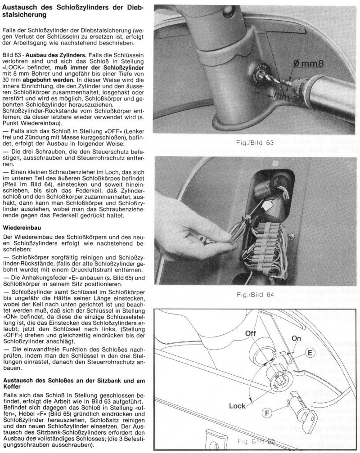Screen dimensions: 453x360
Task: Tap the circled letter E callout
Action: pyautogui.click(x=309, y=353)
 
